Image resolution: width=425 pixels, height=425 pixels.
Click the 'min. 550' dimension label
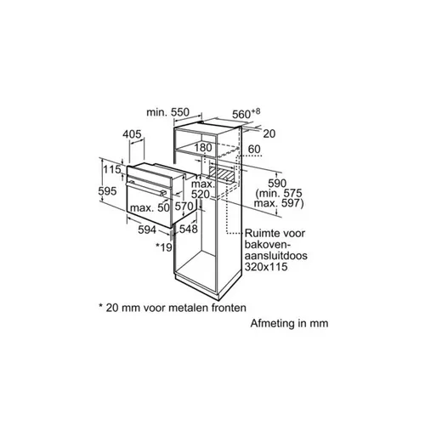(167, 112)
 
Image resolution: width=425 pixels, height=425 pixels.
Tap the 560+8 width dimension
(246, 113)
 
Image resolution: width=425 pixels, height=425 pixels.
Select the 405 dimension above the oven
(132, 134)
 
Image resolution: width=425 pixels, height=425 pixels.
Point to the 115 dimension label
(112, 169)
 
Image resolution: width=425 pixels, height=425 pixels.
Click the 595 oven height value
(107, 191)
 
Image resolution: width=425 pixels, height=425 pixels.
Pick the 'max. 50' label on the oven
(150, 207)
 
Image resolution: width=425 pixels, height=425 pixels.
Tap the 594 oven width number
(147, 229)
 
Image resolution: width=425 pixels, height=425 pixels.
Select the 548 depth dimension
(188, 229)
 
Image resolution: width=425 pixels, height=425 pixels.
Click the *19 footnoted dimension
(164, 247)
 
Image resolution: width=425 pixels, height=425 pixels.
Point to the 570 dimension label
(184, 206)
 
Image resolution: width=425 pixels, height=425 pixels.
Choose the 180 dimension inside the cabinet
(203, 147)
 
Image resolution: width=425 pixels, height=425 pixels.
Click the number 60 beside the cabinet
(254, 149)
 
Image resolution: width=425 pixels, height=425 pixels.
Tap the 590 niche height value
(277, 184)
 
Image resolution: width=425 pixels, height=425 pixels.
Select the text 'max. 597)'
(279, 203)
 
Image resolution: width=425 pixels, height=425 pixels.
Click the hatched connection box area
(222, 173)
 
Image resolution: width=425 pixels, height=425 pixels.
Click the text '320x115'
(266, 267)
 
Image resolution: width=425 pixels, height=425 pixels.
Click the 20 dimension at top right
(269, 133)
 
